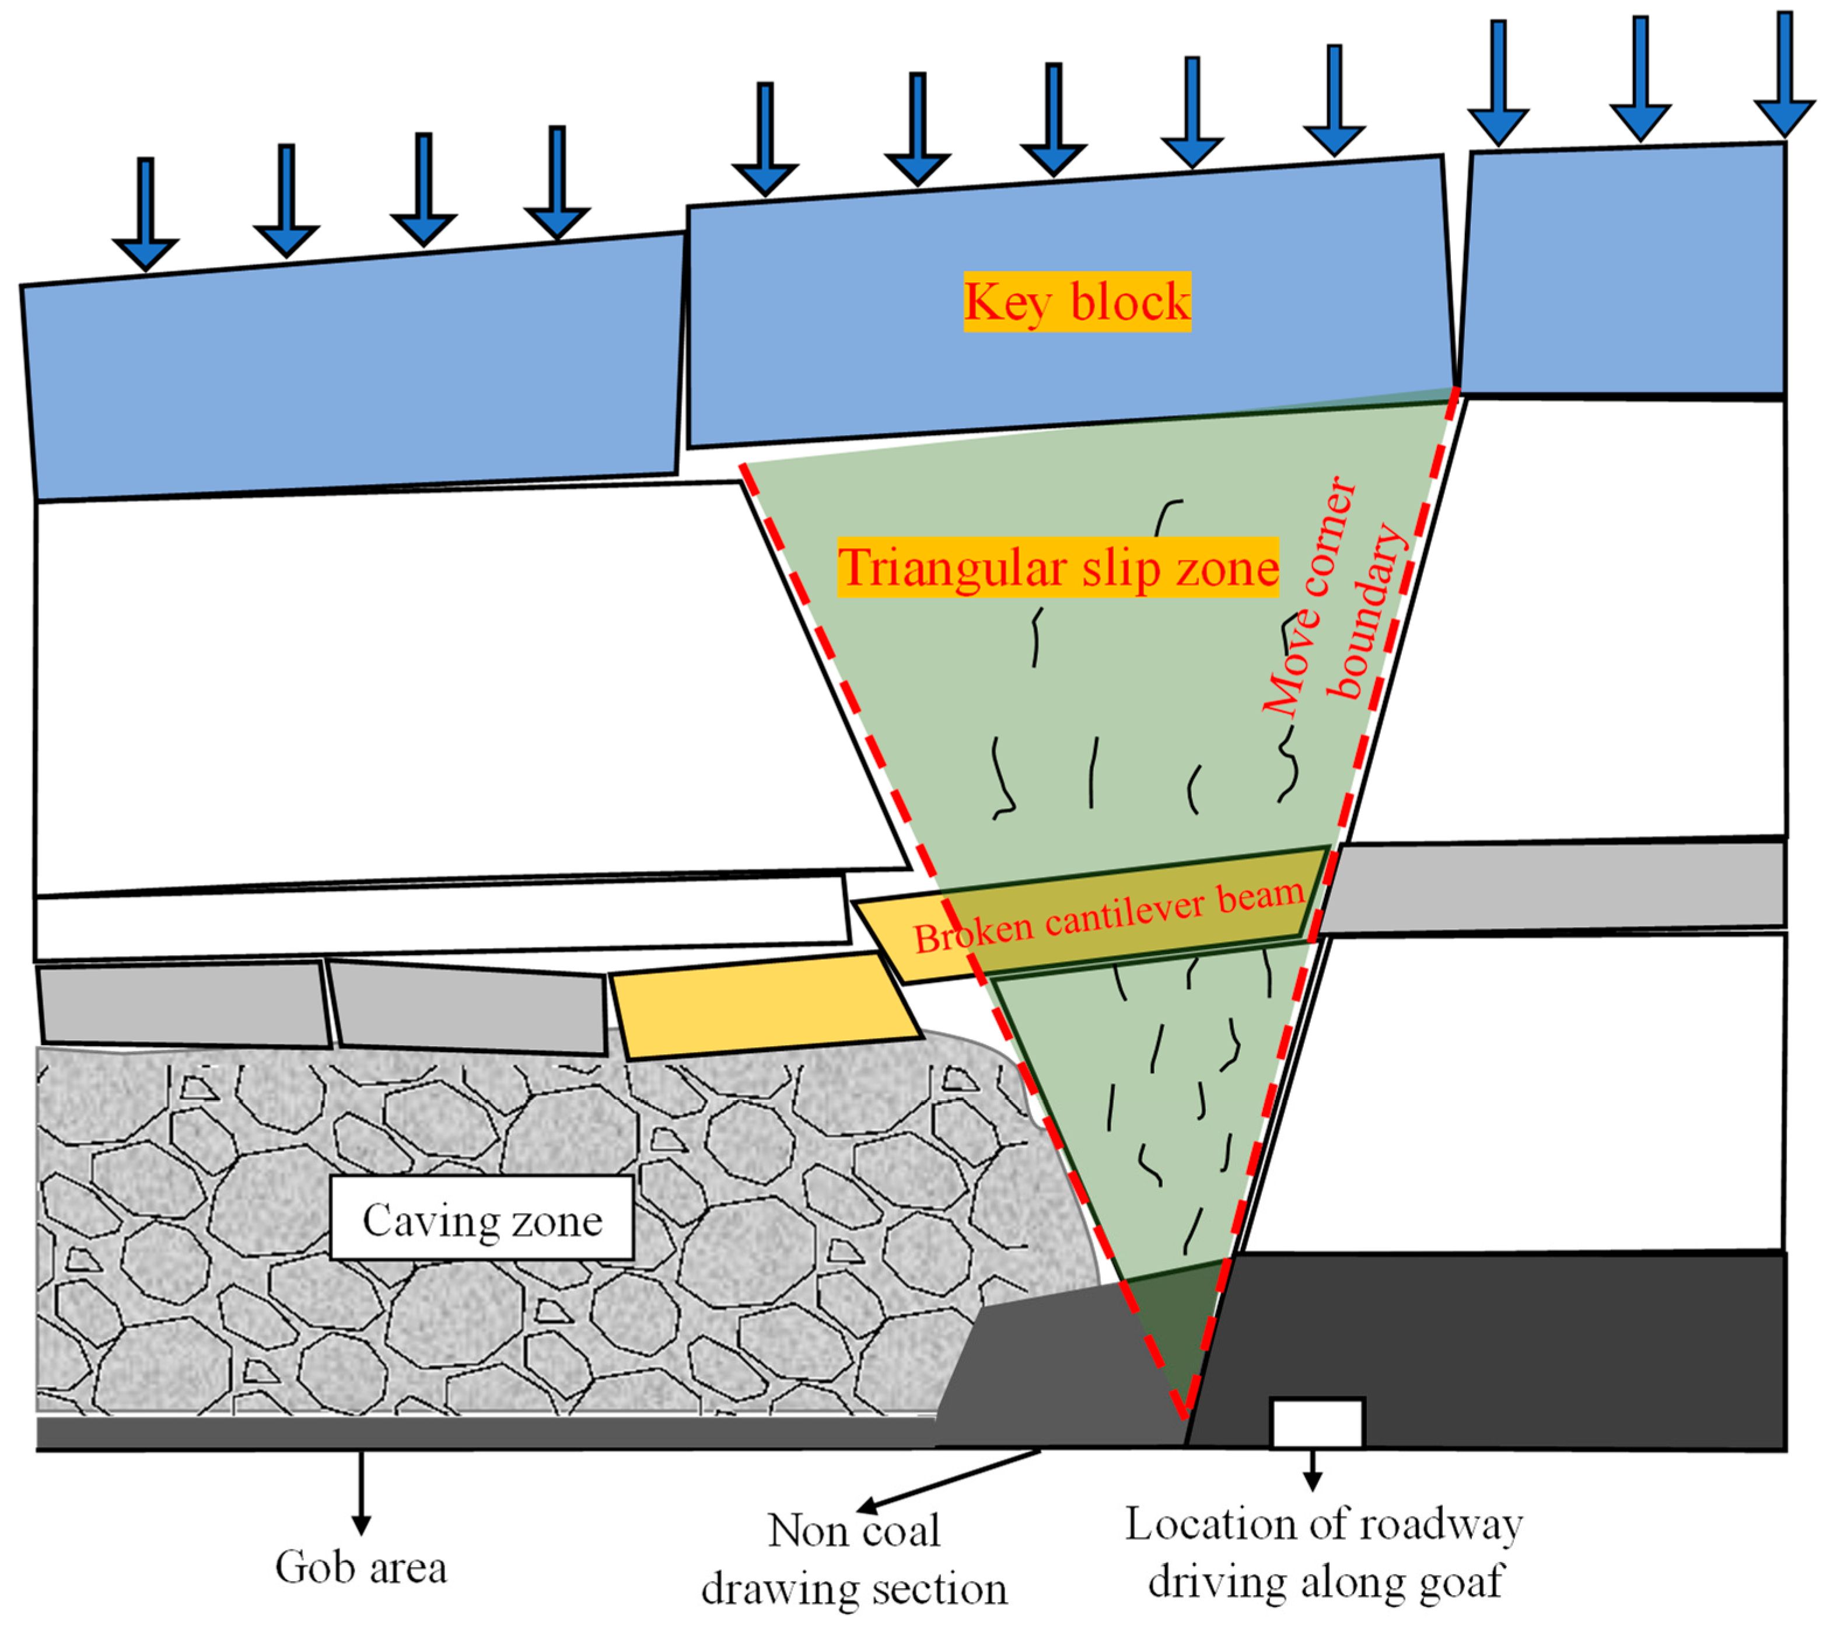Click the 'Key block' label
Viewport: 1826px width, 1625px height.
[x=1076, y=302]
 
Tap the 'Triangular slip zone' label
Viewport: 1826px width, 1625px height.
[x=1058, y=567]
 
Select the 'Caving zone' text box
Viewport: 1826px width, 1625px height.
[x=482, y=1218]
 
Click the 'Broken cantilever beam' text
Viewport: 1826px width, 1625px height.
[x=1108, y=917]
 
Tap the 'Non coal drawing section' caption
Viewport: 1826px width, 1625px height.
[x=854, y=1559]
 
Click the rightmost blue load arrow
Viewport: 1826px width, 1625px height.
[x=1784, y=76]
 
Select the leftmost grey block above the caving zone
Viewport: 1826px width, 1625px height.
[x=183, y=1004]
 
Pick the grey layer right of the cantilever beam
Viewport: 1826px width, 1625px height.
[x=1554, y=886]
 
